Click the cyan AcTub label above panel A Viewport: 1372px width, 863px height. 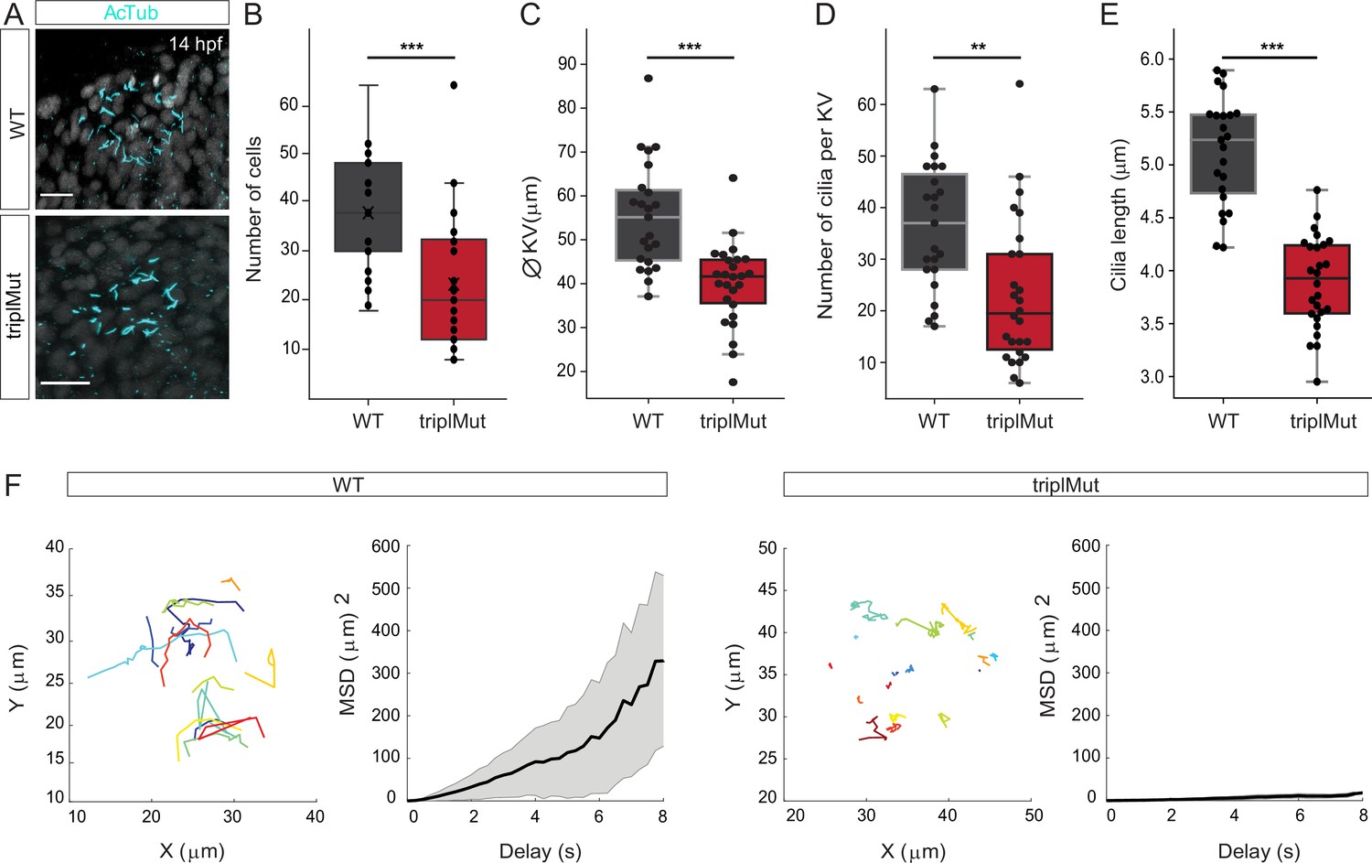tap(131, 12)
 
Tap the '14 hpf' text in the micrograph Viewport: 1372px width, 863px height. tap(196, 44)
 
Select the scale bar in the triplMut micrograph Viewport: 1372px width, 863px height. tap(65, 383)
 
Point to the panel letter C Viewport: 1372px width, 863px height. tap(531, 14)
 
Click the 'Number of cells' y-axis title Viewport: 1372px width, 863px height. tap(253, 209)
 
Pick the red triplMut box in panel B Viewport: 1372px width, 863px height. tap(454, 289)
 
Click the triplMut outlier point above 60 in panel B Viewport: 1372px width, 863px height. tap(454, 85)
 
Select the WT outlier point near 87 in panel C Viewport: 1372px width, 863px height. tap(648, 78)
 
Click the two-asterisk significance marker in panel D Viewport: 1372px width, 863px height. tap(978, 47)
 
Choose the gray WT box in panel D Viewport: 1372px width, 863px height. tap(935, 221)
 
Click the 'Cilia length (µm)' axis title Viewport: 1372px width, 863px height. tap(1119, 214)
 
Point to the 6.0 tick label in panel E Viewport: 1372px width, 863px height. tap(1152, 59)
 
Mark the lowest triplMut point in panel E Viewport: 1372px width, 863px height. tap(1317, 382)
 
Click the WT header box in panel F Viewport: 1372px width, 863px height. tap(367, 484)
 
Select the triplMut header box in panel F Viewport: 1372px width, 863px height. tap(1076, 484)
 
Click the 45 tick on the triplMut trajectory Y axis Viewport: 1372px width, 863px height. tap(766, 589)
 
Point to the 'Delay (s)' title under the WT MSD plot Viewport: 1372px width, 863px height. tap(541, 851)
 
